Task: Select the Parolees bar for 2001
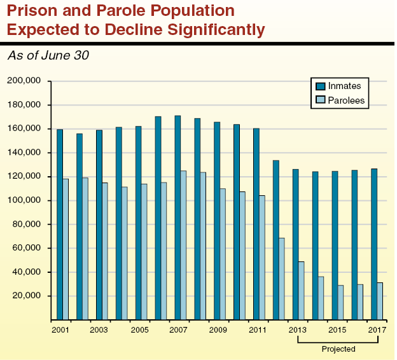(x=66, y=249)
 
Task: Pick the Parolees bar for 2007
(x=183, y=245)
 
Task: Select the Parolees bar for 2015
(x=340, y=302)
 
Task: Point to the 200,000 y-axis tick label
(x=24, y=81)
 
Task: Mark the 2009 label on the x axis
(x=218, y=331)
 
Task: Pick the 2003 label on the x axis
(x=99, y=331)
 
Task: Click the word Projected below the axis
(x=338, y=349)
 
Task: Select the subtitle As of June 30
(x=48, y=55)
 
